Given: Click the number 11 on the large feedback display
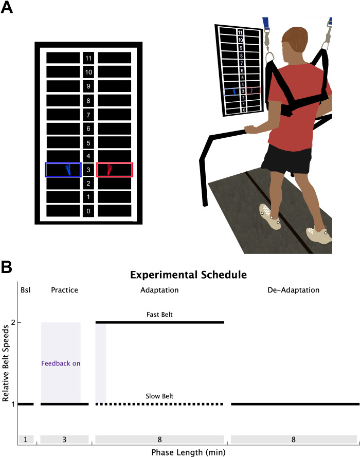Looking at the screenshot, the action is (x=88, y=58).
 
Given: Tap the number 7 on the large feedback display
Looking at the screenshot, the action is (x=88, y=115).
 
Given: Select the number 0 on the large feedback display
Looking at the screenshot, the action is (x=88, y=211).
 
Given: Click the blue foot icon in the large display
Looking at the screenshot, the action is (x=68, y=170).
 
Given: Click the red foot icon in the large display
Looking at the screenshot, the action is (x=110, y=170).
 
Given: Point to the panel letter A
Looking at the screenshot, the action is (x=7, y=7).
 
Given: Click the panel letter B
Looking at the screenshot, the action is (x=6, y=267).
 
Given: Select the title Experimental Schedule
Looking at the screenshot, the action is (x=188, y=275).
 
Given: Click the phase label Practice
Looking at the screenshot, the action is (x=64, y=290).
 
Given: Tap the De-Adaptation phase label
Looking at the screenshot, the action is (x=293, y=290).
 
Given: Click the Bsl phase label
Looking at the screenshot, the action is (x=25, y=290).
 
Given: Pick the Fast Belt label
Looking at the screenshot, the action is (x=159, y=315).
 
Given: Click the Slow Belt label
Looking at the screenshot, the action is (x=159, y=396).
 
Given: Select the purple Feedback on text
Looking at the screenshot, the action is (x=61, y=363).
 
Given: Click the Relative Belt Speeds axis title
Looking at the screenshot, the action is (x=6, y=363).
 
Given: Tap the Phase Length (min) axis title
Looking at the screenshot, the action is (x=188, y=452).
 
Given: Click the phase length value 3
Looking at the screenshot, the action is (x=64, y=440).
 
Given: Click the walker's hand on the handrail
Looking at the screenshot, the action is (x=250, y=128).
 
